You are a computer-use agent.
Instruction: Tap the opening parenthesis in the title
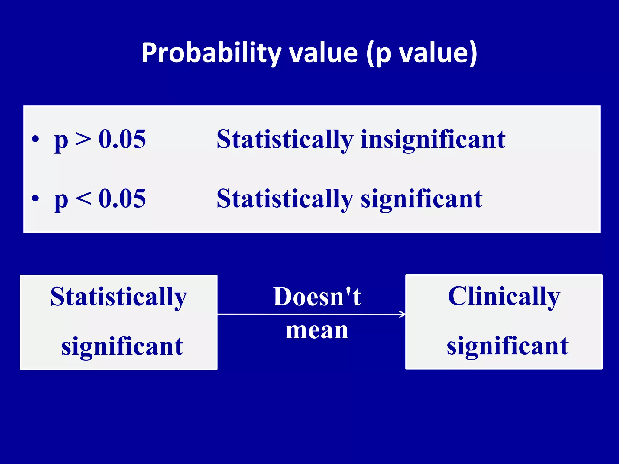click(370, 54)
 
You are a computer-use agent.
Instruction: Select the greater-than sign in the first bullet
click(83, 140)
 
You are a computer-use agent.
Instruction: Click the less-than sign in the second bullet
click(83, 199)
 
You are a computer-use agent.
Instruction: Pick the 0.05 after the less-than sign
click(122, 198)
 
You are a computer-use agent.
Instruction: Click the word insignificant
click(433, 140)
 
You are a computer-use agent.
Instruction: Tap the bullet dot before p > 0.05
click(35, 140)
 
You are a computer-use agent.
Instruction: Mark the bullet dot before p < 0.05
click(35, 199)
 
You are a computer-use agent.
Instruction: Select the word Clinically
click(504, 297)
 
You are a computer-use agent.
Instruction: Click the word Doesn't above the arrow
click(317, 297)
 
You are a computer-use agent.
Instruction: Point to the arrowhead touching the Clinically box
click(403, 314)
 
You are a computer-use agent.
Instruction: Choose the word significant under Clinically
click(507, 346)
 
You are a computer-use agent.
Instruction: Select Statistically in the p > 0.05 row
click(285, 140)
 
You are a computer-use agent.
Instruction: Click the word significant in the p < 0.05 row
click(421, 199)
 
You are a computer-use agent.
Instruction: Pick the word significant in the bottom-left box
click(122, 346)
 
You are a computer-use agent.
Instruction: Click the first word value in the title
click(323, 53)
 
